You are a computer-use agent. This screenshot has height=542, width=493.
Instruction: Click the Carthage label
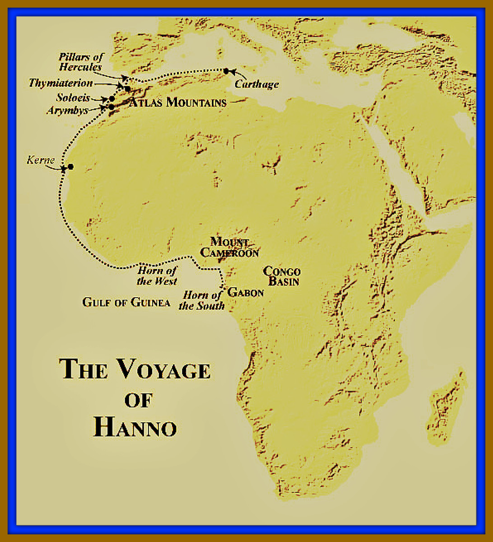click(x=256, y=84)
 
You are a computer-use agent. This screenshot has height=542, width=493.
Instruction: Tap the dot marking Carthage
click(x=226, y=71)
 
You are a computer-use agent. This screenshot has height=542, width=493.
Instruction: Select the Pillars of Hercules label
click(x=81, y=62)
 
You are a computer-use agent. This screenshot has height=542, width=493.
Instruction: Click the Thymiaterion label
click(x=60, y=83)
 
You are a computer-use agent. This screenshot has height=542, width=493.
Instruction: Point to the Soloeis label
click(x=73, y=98)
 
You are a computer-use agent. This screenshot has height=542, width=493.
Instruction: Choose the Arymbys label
click(x=67, y=110)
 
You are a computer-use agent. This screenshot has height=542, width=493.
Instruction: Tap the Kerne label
click(x=41, y=160)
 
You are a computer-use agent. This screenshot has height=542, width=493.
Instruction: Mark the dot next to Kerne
click(x=70, y=167)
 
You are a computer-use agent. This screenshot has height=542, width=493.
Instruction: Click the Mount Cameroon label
click(x=229, y=247)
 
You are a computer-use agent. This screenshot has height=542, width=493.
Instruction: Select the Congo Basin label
click(x=282, y=276)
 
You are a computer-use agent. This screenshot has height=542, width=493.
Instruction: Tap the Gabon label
click(x=246, y=293)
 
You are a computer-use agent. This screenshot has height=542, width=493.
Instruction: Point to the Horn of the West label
click(x=157, y=276)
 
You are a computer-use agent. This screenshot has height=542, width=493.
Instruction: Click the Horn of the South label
click(x=202, y=300)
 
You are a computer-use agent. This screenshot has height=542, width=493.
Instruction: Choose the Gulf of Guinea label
click(x=126, y=302)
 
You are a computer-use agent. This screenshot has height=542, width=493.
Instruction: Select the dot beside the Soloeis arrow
click(x=112, y=98)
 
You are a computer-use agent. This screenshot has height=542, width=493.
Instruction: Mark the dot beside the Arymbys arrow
click(x=111, y=107)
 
